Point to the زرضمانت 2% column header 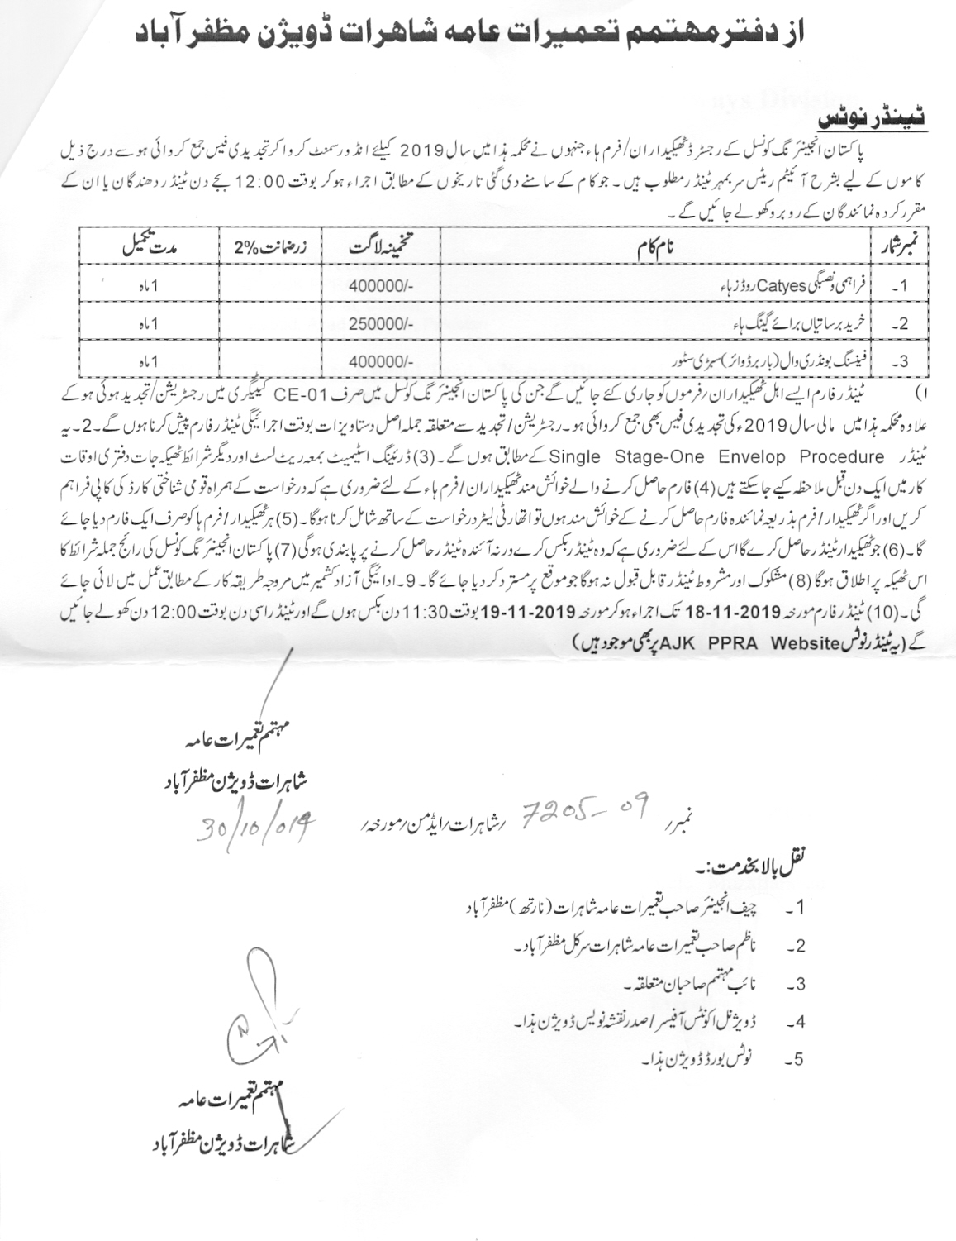pos(269,246)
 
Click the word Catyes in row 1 pos(782,286)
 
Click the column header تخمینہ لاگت pos(379,246)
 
